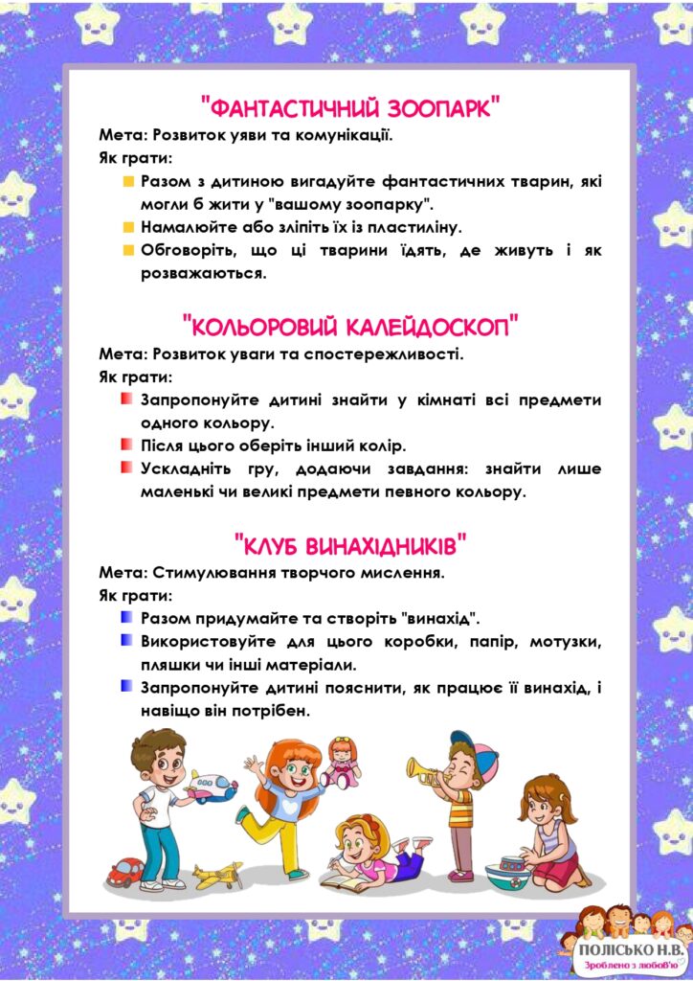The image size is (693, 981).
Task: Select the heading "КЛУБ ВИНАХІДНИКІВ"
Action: (x=350, y=547)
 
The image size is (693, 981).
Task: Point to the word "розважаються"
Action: (x=203, y=274)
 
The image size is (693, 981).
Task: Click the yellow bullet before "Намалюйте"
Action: (x=127, y=228)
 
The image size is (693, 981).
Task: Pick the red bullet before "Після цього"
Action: (x=127, y=445)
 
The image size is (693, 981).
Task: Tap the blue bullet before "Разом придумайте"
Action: (x=127, y=617)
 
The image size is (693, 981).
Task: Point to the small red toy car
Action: (x=125, y=871)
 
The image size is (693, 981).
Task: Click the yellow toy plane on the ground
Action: (x=217, y=874)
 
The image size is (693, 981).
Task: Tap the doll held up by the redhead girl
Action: (x=341, y=761)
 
